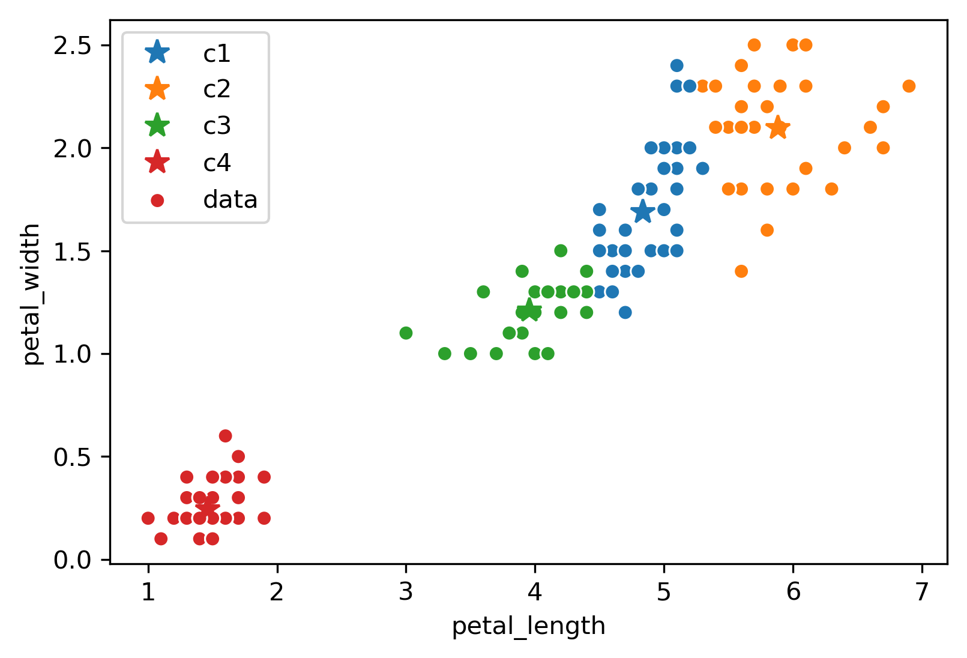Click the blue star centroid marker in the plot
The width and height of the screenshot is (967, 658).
pos(642,211)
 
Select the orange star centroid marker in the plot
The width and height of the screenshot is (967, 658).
pos(778,127)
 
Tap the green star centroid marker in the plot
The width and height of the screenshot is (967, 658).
pos(529,310)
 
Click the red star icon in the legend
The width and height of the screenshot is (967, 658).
pos(157,163)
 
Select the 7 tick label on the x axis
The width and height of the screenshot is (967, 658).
pos(921,593)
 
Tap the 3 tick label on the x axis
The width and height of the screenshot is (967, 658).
pos(406,593)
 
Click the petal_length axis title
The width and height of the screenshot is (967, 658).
pos(528,626)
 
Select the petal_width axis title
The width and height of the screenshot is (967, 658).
pos(31,294)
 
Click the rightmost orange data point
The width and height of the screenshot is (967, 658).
pos(909,86)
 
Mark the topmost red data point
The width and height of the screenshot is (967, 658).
pos(226,436)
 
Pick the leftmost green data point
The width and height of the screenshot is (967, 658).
pos(406,333)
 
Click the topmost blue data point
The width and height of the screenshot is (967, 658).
pos(676,65)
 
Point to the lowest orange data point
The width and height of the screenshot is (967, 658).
pos(741,271)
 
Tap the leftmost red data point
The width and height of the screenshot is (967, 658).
pos(148,518)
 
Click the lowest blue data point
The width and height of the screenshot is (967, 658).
pos(625,312)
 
